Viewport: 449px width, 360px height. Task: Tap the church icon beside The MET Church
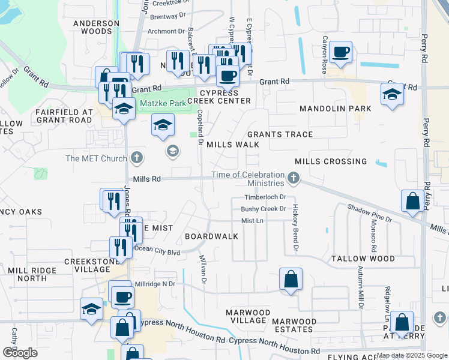click(x=137, y=158)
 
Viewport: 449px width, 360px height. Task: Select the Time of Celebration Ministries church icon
click(x=293, y=177)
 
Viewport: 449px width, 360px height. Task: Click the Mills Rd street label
click(x=147, y=179)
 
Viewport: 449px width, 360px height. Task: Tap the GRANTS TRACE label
click(x=280, y=134)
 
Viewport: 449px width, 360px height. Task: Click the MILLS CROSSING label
click(x=331, y=161)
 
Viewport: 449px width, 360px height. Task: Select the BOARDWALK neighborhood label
click(x=211, y=236)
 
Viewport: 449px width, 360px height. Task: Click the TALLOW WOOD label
click(x=363, y=259)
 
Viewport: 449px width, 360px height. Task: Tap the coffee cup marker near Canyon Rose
click(x=341, y=53)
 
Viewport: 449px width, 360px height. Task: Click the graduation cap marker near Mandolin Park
click(x=392, y=94)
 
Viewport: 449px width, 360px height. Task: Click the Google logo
click(x=19, y=353)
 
